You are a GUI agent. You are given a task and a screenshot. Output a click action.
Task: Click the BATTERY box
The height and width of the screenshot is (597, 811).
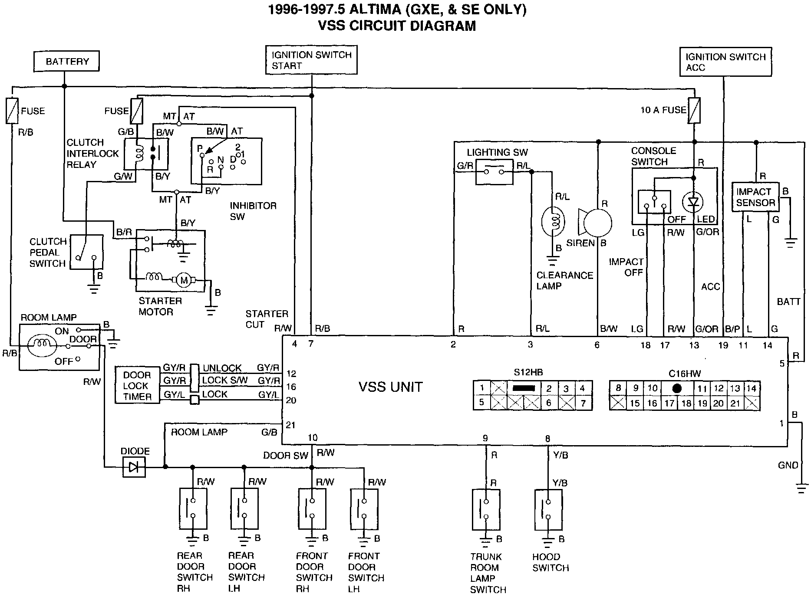66,61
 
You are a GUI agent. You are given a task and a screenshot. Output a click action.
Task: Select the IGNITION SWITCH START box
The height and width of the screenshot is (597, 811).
311,60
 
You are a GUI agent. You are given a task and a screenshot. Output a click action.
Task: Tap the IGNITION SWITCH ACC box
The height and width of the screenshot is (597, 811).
725,62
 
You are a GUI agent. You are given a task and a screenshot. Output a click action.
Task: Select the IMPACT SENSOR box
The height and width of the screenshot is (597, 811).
755,197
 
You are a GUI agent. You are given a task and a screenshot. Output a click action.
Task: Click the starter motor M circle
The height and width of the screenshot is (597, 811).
184,280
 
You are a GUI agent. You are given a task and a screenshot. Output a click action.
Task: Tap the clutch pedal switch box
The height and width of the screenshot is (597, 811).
87,252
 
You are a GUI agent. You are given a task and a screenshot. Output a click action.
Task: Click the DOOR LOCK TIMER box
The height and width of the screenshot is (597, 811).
137,385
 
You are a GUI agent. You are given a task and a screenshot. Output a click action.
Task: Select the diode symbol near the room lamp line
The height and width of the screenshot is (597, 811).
134,467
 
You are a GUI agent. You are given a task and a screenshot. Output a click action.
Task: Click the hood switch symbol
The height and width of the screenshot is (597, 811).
548,509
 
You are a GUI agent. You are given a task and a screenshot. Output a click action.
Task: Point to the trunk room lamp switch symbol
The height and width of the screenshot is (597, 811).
486,509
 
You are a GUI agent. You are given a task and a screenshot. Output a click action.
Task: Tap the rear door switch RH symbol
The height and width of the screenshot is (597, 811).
193,508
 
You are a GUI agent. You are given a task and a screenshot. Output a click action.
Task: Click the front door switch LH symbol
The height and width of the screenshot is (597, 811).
364,509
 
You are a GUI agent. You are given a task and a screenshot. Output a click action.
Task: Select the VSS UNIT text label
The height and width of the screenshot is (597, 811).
390,387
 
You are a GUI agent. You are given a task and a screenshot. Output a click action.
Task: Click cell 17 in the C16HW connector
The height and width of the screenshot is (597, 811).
669,403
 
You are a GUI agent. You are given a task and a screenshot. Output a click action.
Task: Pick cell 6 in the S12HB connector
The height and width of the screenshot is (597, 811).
549,403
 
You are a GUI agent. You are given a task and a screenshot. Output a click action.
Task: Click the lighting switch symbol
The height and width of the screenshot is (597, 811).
494,172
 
